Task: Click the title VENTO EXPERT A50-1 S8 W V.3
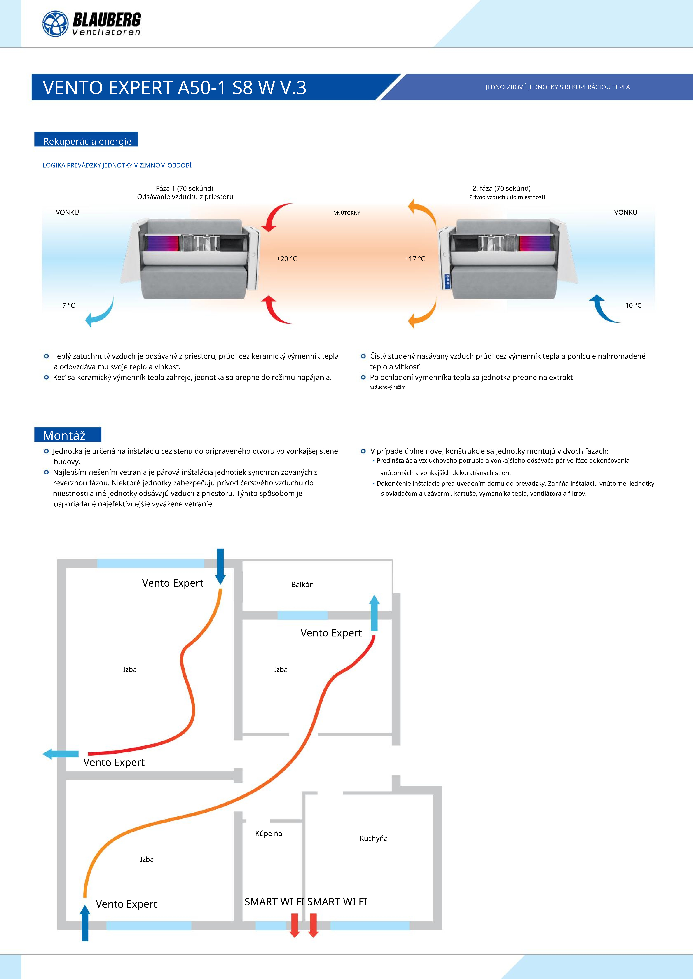click(175, 87)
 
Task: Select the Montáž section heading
click(64, 435)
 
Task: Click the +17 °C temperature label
click(415, 259)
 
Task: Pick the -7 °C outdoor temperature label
click(67, 305)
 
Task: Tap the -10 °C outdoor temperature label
click(632, 305)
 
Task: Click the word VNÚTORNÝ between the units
click(347, 213)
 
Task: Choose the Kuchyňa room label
click(373, 838)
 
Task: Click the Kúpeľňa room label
click(268, 833)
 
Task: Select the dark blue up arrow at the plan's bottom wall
click(85, 922)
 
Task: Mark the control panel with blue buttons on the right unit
click(447, 281)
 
